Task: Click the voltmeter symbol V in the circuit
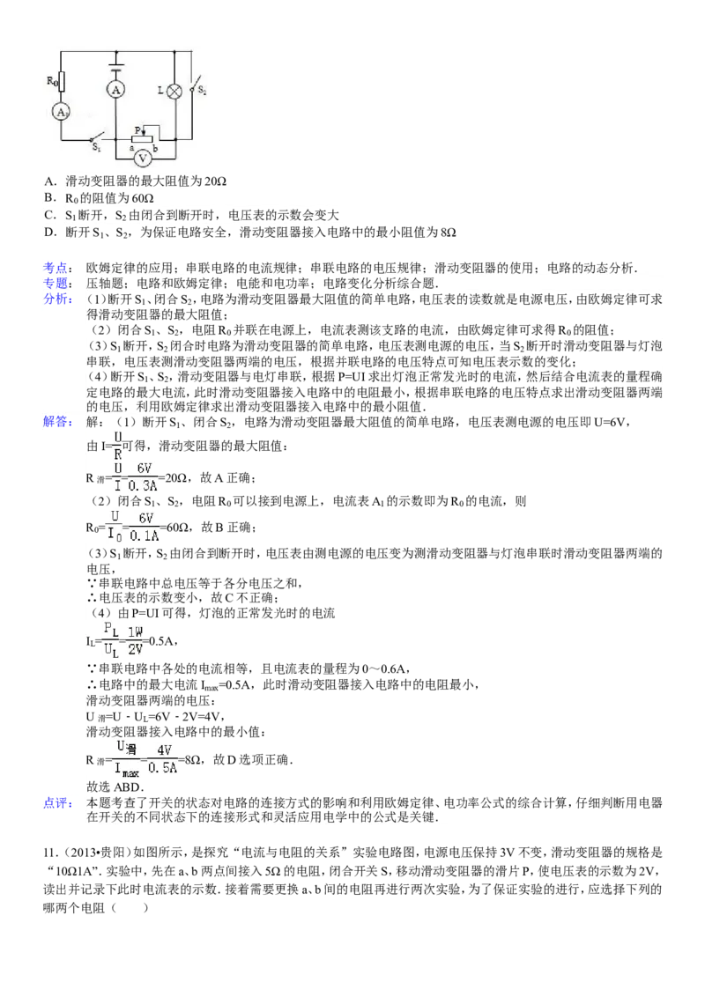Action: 143,159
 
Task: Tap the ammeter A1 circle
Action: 61,113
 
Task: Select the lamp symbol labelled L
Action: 174,91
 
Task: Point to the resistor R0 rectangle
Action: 62,82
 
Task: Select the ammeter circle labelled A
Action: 115,90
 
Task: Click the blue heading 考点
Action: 56,268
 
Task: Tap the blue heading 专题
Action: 56,283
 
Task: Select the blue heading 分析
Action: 56,299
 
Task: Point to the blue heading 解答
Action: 56,422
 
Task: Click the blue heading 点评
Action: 56,803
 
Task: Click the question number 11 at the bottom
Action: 49,853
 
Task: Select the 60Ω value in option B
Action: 142,198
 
